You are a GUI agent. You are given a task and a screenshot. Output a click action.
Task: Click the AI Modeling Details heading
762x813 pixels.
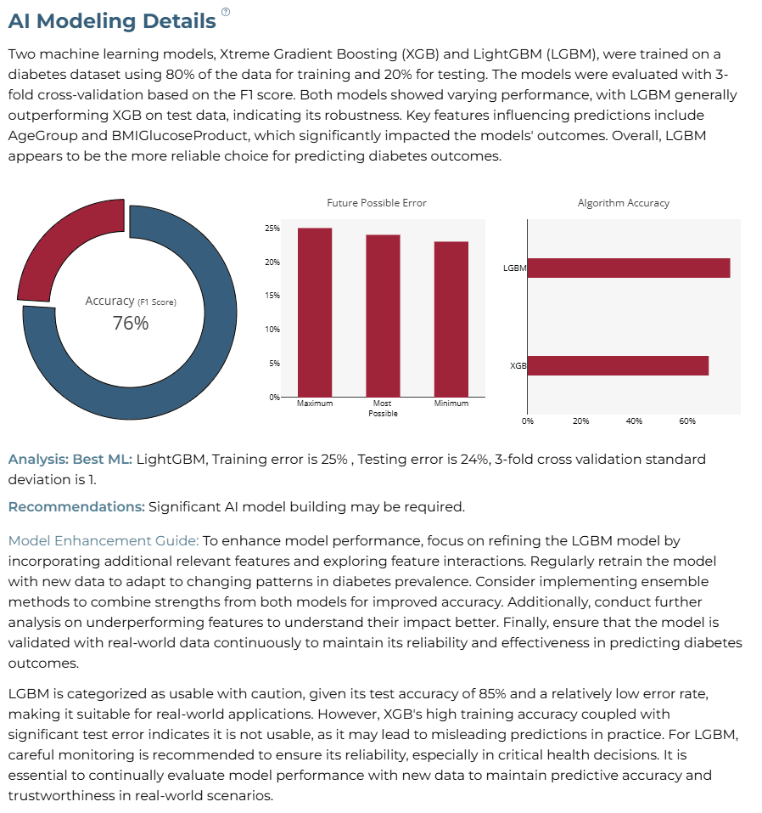[x=112, y=21]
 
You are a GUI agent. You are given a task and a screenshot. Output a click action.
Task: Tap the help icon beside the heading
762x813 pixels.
[x=226, y=11]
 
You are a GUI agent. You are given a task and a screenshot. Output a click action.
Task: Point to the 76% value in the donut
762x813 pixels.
[x=131, y=323]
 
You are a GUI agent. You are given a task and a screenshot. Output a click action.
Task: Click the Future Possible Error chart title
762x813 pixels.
[x=377, y=203]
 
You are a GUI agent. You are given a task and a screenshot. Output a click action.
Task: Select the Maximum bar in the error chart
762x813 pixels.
[x=315, y=312]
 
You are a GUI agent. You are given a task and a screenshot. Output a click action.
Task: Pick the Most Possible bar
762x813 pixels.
[x=383, y=316]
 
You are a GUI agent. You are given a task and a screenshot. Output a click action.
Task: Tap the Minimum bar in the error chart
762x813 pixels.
[x=451, y=319]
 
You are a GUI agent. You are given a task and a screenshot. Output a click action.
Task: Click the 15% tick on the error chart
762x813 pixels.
[x=272, y=296]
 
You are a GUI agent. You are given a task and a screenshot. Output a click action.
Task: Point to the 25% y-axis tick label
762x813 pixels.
[x=272, y=229]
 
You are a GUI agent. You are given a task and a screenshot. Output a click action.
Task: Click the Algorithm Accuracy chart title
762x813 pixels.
[x=624, y=203]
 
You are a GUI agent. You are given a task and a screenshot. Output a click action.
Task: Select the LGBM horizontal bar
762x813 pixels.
[x=629, y=268]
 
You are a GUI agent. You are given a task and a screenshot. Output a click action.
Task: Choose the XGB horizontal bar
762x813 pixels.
[x=618, y=365]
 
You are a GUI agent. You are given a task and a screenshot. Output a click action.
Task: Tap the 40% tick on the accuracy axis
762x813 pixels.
[x=634, y=421]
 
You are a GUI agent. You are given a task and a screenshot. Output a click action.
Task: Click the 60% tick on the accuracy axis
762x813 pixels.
[x=687, y=421]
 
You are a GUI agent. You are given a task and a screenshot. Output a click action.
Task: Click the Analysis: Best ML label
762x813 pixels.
[x=70, y=460]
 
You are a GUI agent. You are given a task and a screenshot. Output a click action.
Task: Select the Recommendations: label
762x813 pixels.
[x=76, y=506]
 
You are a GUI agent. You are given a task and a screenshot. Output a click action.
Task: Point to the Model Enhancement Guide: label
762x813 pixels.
[x=103, y=541]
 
